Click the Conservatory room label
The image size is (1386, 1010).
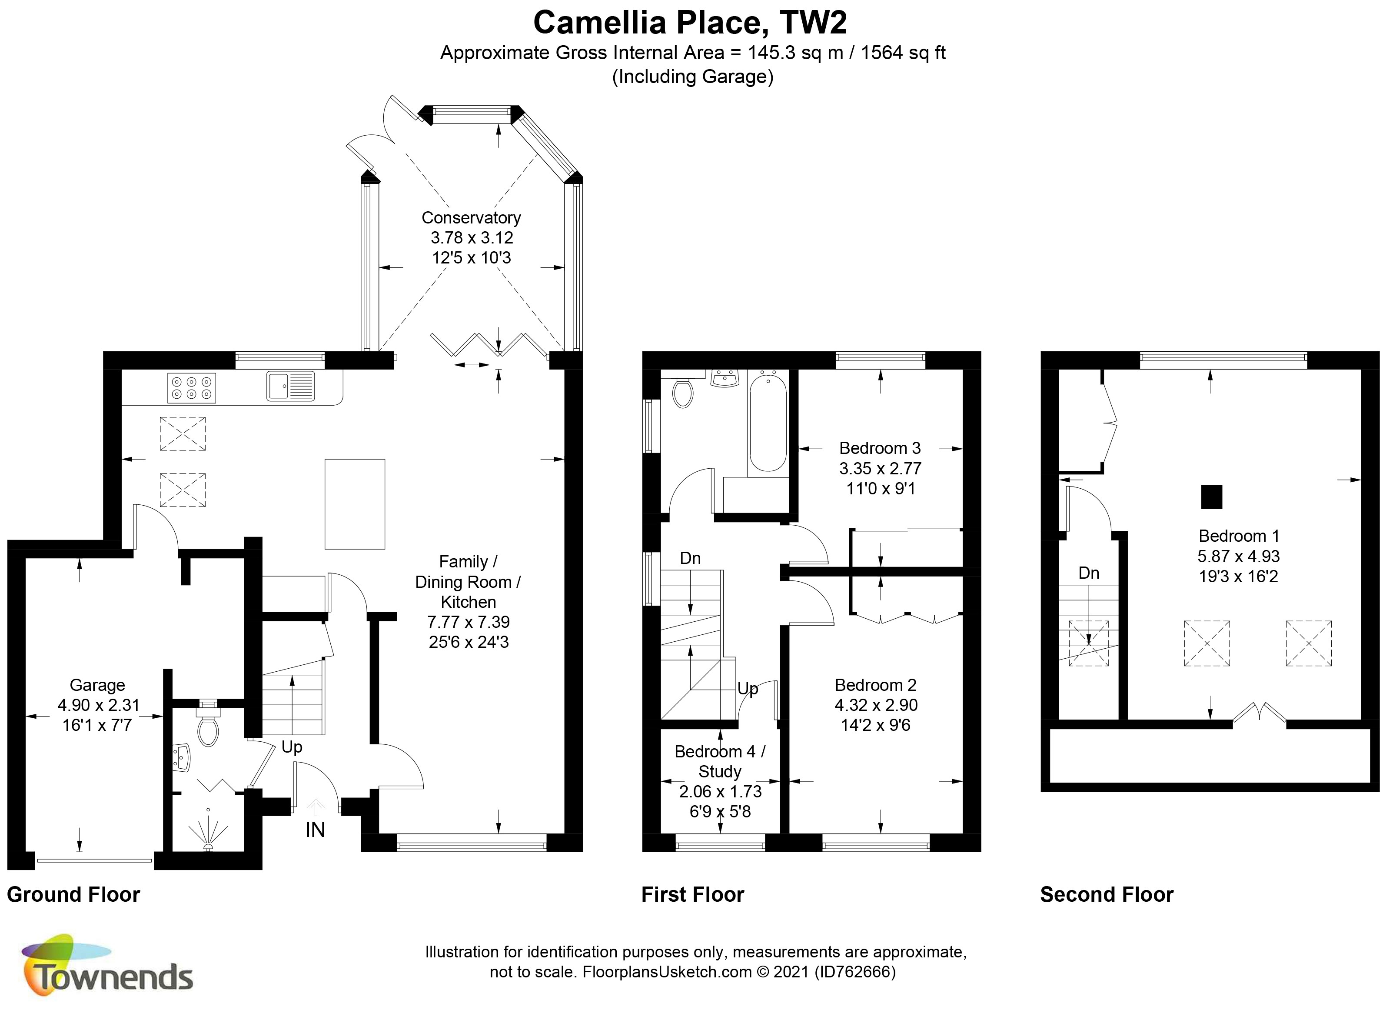coord(471,218)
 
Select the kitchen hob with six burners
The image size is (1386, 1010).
coord(191,388)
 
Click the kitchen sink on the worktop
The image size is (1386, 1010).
coord(290,386)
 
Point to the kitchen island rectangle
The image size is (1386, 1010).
coord(355,504)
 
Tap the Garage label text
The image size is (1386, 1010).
coord(97,685)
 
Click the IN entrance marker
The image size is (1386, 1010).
coord(316,830)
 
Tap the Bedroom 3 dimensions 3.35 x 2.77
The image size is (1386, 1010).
coord(880,468)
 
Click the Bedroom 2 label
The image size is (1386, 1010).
coord(876,685)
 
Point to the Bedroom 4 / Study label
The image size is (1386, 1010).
coord(720,761)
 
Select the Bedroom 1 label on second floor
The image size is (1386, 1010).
coord(1239,536)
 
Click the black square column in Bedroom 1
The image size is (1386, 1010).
coord(1211,497)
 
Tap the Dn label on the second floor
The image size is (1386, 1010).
coord(1088,573)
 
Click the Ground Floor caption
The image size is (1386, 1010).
coord(73,894)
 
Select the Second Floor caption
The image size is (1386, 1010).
coord(1107,894)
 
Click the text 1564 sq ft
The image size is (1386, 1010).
coord(903,53)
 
